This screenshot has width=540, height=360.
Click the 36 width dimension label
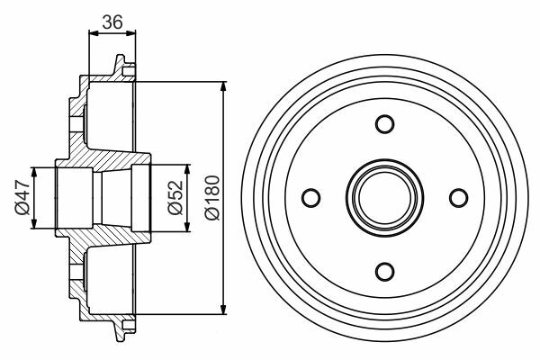pyautogui.click(x=112, y=22)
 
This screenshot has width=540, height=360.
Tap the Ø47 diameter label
pyautogui.click(x=22, y=197)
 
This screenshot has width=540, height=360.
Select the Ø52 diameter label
pyautogui.click(x=175, y=198)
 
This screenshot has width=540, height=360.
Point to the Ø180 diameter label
pyautogui.click(x=211, y=198)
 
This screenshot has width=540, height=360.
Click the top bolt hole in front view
pyautogui.click(x=384, y=124)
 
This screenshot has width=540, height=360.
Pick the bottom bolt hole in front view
pyautogui.click(x=384, y=272)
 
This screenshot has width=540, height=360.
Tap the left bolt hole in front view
pyautogui.click(x=311, y=198)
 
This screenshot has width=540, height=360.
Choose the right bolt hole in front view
pyautogui.click(x=459, y=198)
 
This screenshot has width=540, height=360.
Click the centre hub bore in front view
pyautogui.click(x=384, y=198)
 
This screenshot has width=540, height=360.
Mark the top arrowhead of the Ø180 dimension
pyautogui.click(x=223, y=86)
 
